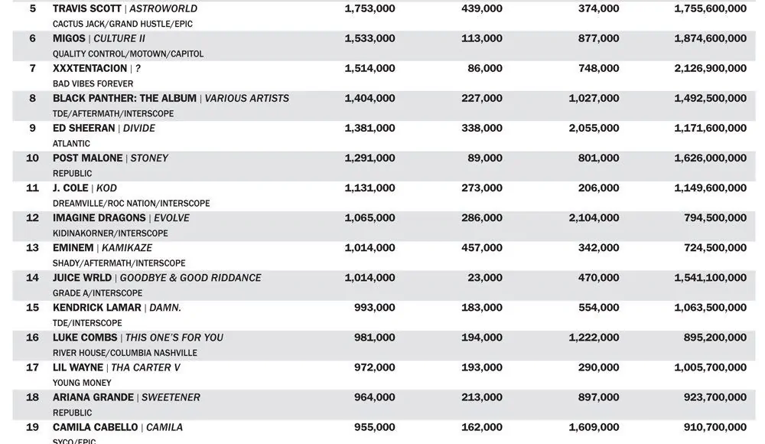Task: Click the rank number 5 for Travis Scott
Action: pyautogui.click(x=32, y=8)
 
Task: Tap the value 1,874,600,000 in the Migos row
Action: pyautogui.click(x=710, y=38)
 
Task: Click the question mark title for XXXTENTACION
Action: pyautogui.click(x=138, y=68)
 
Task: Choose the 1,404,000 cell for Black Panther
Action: pyautogui.click(x=369, y=98)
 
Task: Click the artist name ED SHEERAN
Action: pyautogui.click(x=84, y=128)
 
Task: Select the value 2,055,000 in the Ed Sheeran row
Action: pyautogui.click(x=594, y=128)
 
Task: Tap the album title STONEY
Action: pyautogui.click(x=149, y=158)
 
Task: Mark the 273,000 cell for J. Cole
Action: pyautogui.click(x=482, y=188)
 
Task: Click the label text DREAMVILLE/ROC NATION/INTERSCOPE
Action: pyautogui.click(x=131, y=203)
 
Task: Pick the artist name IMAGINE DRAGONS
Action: pyautogui.click(x=99, y=217)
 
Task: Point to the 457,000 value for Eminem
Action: pyautogui.click(x=482, y=247)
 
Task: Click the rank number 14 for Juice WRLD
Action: pyautogui.click(x=32, y=277)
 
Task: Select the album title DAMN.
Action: pyautogui.click(x=165, y=307)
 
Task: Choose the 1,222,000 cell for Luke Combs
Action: pyautogui.click(x=594, y=337)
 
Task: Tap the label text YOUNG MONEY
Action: pyautogui.click(x=82, y=382)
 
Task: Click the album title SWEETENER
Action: pyautogui.click(x=172, y=397)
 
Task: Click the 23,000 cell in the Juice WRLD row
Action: pyautogui.click(x=486, y=277)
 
